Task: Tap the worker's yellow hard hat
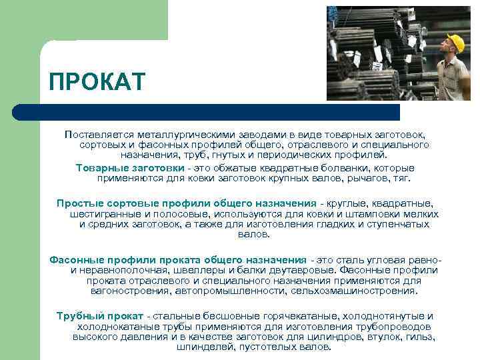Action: pyautogui.click(x=455, y=43)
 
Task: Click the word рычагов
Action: pyautogui.click(x=366, y=179)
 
